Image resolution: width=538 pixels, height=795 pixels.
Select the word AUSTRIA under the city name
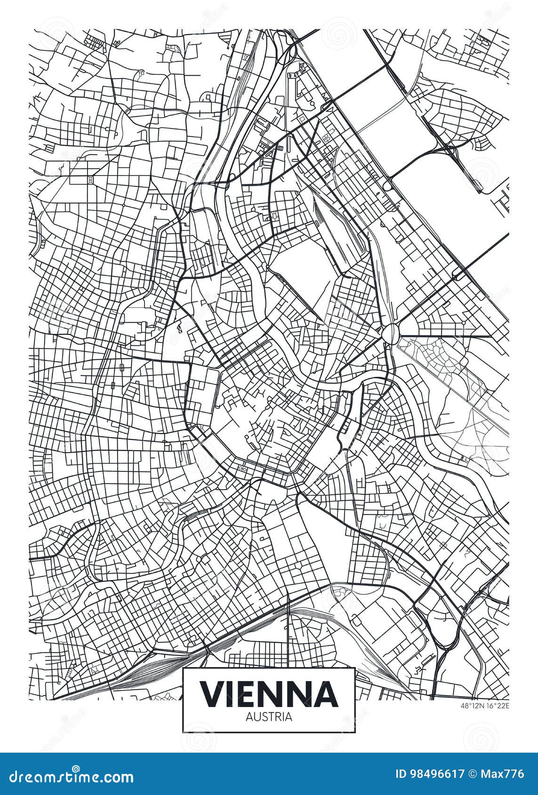[x=269, y=717]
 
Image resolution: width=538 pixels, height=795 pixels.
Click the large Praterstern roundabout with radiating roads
[x=390, y=334]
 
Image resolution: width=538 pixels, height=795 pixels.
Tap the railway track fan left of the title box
[x=151, y=673]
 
